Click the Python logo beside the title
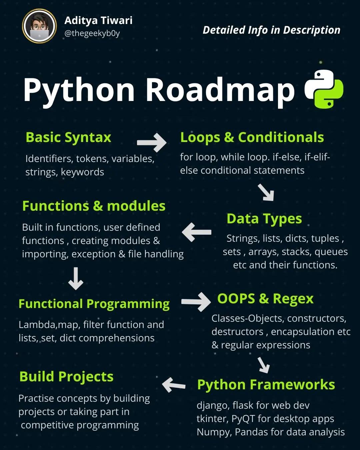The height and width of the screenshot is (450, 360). pos(324,89)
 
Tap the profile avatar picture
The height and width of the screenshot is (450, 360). pos(39,26)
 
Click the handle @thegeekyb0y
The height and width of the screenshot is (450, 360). pos(92,33)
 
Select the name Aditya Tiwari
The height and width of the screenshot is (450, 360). pos(98,20)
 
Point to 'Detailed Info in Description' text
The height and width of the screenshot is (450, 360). pos(271,30)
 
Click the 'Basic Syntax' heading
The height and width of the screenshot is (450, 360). pos(68,137)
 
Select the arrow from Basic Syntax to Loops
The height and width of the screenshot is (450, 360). pos(152,143)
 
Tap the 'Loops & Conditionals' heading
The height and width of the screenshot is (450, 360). pos(252,137)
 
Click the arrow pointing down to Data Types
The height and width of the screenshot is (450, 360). pos(266,192)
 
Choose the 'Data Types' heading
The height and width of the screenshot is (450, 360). pos(264,219)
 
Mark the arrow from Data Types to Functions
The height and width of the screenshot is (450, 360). pos(197,232)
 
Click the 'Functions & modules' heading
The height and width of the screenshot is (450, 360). pos(94,206)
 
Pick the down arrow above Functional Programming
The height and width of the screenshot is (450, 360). pos(76,278)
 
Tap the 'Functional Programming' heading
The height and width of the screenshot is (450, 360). pos(94,304)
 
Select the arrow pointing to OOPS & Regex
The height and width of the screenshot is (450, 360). pos(196,302)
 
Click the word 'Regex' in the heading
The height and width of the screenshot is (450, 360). pos(293,299)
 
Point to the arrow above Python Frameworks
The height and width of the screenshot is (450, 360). pos(264,365)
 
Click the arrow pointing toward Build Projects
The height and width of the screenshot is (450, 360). pos(174,385)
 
